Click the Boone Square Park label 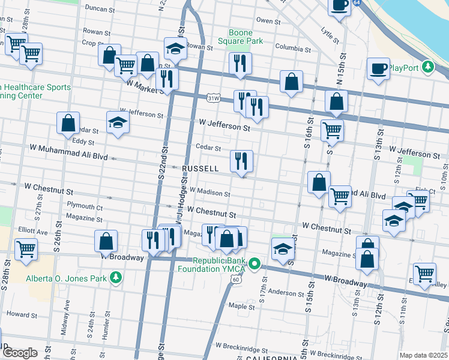click(x=246, y=37)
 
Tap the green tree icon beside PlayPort click(x=428, y=67)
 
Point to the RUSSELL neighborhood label click(x=200, y=169)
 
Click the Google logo click(x=19, y=352)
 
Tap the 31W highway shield click(x=212, y=97)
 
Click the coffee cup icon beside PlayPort click(x=378, y=68)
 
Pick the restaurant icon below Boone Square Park click(x=240, y=63)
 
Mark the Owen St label click(x=265, y=20)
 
